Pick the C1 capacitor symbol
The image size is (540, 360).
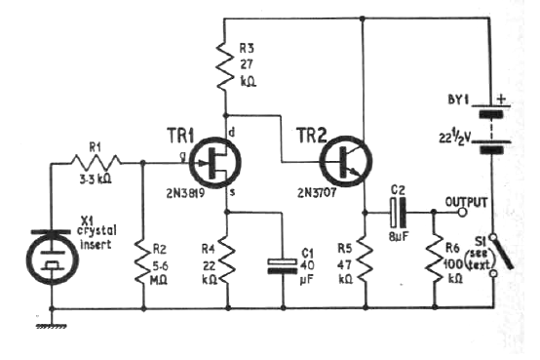click(282, 262)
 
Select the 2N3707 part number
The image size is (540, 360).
click(322, 196)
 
